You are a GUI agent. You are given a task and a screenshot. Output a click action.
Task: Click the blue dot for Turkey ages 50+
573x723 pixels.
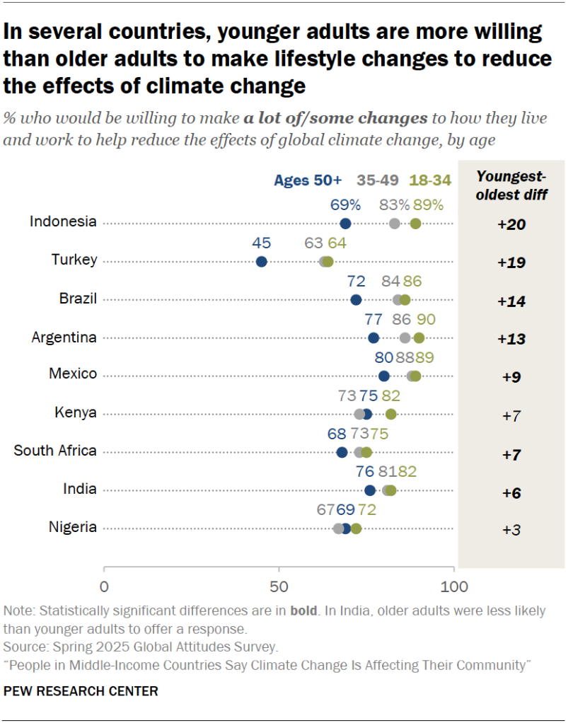(261, 262)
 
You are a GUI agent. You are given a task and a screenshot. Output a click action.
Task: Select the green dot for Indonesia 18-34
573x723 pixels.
(415, 224)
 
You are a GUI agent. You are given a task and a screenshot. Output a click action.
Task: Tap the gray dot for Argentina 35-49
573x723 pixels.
(405, 338)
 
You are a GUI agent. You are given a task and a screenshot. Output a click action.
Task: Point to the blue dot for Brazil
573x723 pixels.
(356, 300)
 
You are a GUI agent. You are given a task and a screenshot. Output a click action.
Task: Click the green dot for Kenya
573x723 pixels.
(390, 415)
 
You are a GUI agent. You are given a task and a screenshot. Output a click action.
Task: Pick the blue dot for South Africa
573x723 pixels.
(342, 453)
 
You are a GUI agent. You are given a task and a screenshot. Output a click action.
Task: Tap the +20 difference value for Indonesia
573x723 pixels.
(511, 224)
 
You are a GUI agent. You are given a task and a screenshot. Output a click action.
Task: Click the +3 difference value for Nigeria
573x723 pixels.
(511, 530)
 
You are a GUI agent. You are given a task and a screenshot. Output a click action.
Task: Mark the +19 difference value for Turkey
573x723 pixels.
(511, 262)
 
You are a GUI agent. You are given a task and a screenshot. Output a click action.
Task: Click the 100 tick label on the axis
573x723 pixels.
(453, 587)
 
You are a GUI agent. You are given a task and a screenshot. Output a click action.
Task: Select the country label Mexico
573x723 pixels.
(74, 374)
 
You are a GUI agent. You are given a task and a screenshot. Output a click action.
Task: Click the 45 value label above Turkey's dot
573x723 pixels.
(261, 242)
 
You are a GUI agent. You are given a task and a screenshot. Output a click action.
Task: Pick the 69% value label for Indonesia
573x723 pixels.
(346, 204)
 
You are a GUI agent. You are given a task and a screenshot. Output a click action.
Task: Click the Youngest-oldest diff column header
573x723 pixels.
(511, 186)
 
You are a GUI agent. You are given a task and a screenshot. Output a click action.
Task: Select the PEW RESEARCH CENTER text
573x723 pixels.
(81, 690)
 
